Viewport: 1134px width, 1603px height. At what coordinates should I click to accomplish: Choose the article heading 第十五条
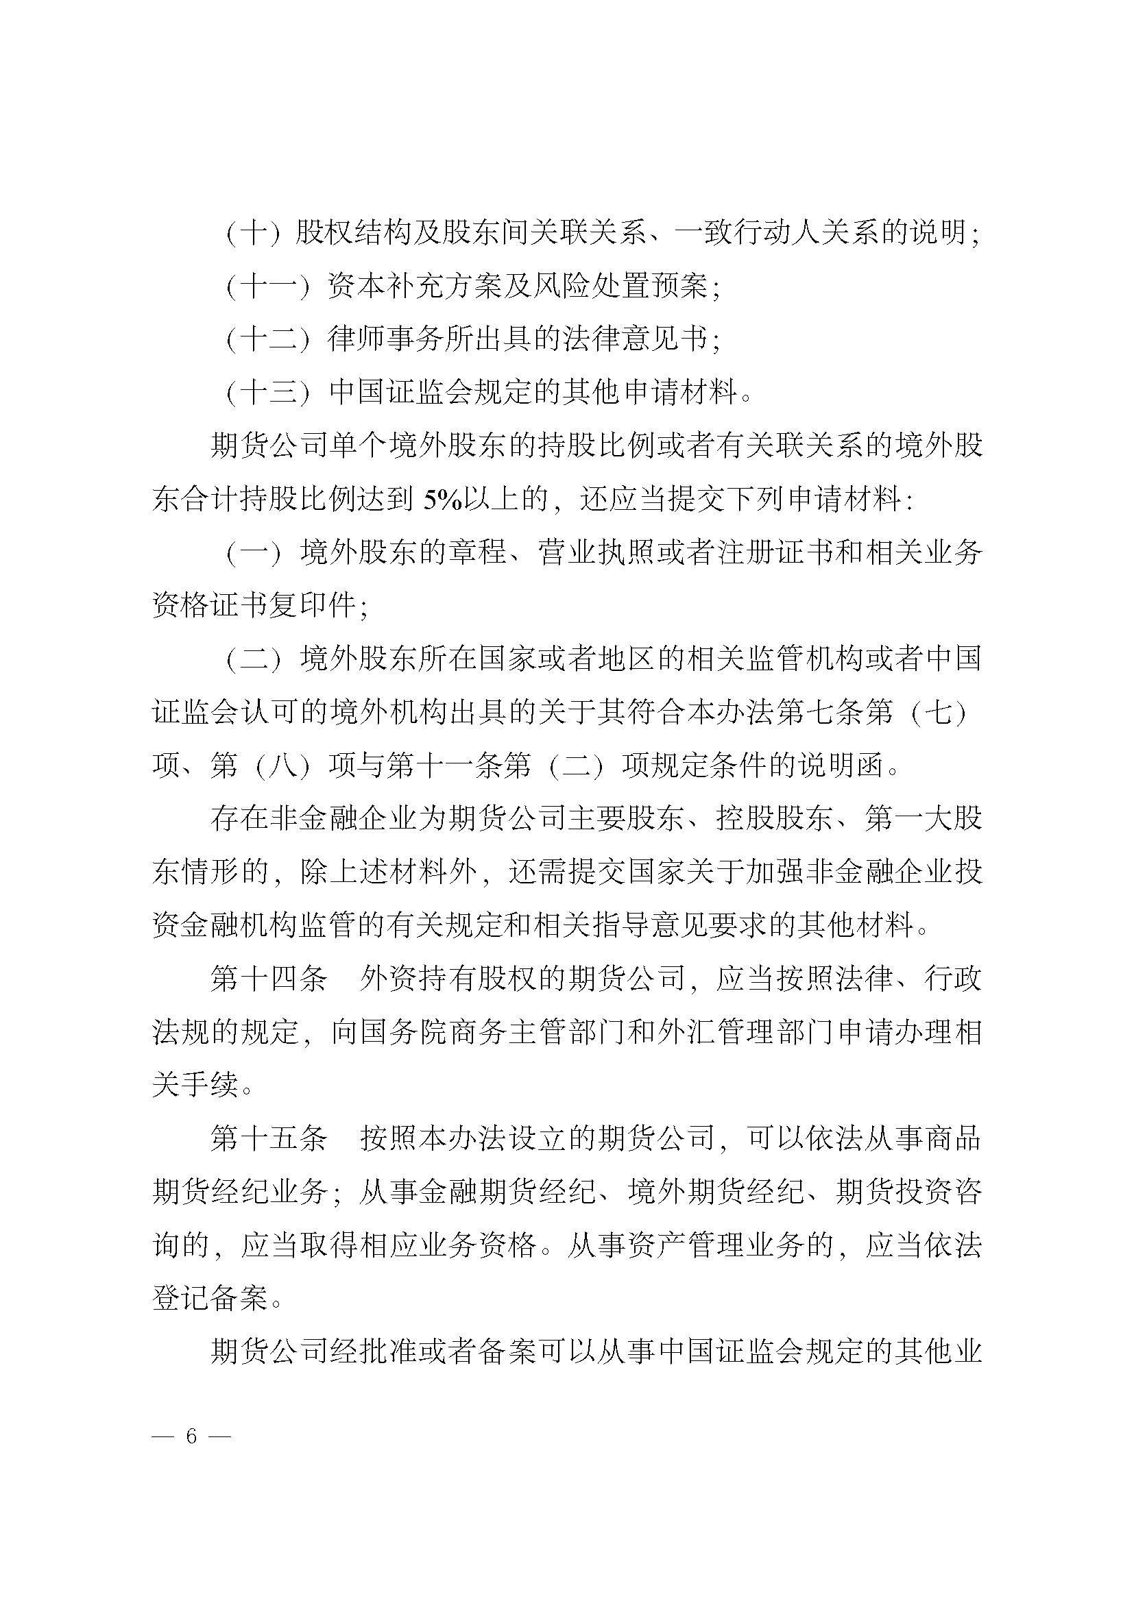click(269, 1139)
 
